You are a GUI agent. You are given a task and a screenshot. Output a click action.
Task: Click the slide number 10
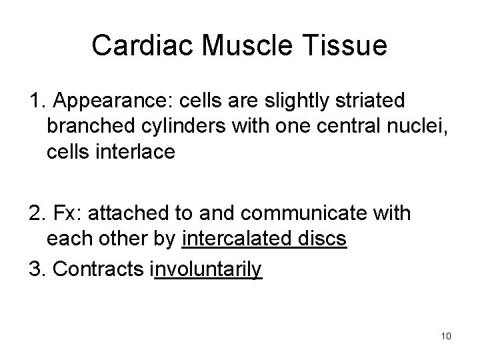445,335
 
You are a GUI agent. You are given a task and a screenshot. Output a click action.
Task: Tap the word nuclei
415,126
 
